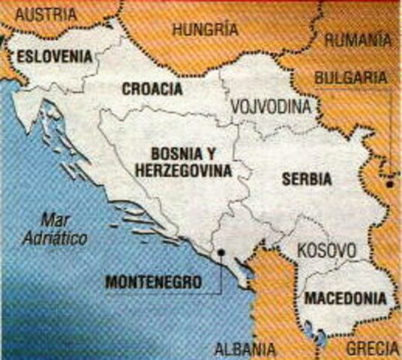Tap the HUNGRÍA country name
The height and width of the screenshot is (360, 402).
pos(205,30)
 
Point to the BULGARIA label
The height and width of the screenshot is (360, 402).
pos(352,78)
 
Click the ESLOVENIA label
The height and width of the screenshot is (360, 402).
pos(56,56)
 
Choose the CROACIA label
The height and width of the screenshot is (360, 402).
pos(151,88)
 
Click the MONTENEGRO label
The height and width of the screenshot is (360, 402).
pos(153,283)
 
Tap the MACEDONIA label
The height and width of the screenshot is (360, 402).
pos(346,298)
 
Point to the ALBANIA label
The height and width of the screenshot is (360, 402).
pos(245,349)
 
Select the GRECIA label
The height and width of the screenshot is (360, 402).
pos(373,349)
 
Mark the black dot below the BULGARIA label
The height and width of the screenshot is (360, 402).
pos(389,184)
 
